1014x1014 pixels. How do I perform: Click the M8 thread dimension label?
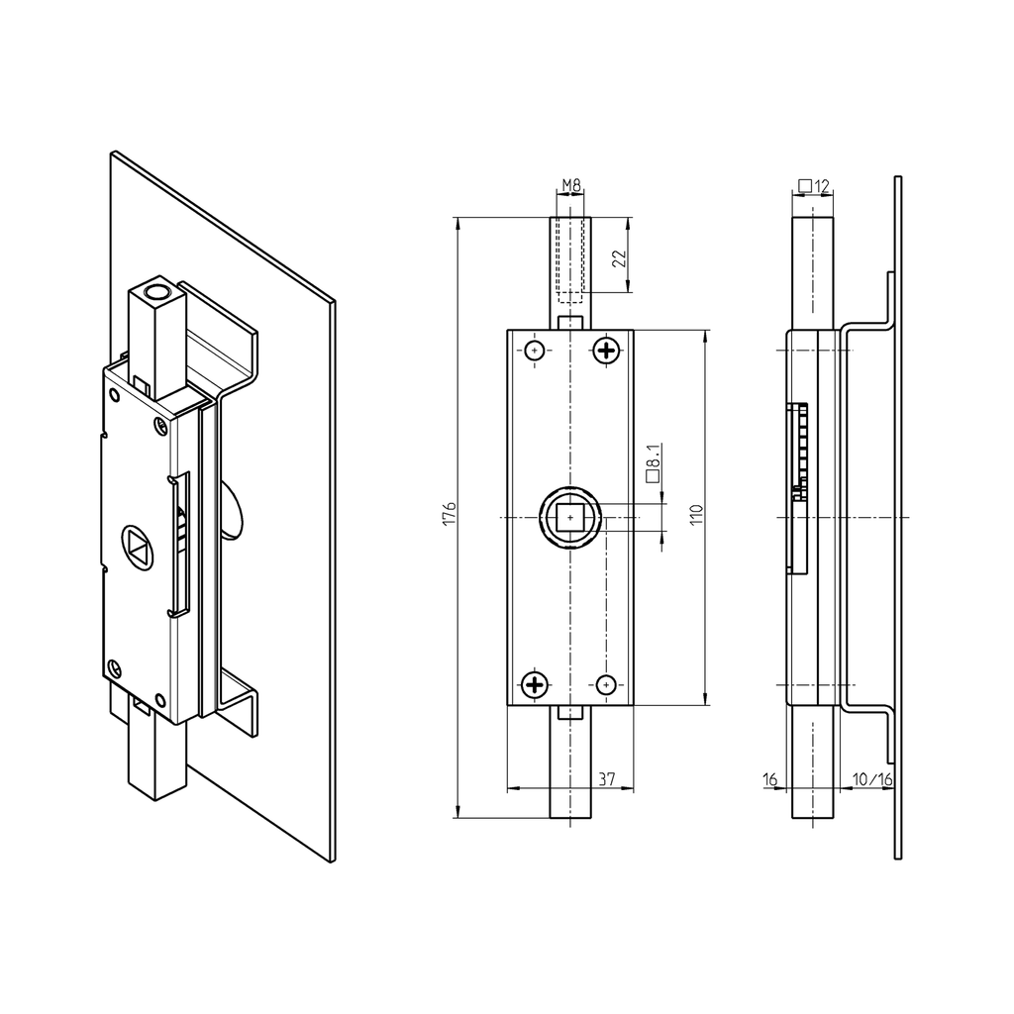[x=570, y=185]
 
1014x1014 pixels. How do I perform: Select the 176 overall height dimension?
[x=449, y=514]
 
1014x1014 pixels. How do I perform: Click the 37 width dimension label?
[x=607, y=779]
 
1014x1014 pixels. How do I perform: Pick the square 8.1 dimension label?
[x=654, y=462]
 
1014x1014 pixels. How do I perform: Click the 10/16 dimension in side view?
[x=872, y=779]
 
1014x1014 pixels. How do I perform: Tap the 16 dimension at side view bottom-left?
[x=771, y=779]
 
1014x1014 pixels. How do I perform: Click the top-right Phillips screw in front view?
[x=606, y=350]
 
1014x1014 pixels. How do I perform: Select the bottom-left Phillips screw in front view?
[x=535, y=684]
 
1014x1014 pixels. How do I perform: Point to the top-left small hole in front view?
[x=535, y=350]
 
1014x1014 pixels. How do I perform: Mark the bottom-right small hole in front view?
[x=606, y=684]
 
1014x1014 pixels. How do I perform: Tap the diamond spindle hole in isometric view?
[x=138, y=544]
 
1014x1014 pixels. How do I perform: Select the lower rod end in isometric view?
[x=157, y=753]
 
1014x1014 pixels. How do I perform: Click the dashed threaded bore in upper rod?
[x=570, y=259]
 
